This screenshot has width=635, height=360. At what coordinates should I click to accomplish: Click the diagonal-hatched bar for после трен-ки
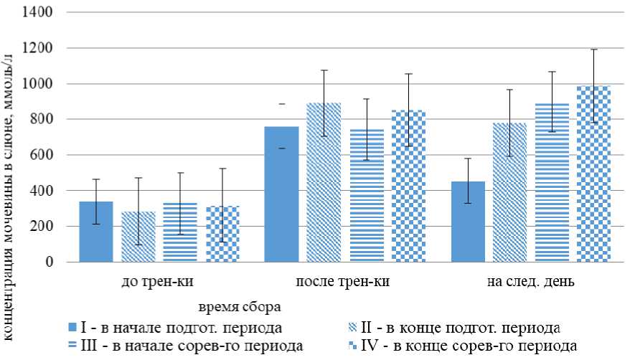tap(324, 182)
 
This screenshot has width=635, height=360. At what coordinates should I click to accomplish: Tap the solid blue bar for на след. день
tap(467, 222)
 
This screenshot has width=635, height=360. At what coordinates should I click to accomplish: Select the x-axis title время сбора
tap(239, 306)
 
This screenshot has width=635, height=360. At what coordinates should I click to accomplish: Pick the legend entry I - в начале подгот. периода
tap(176, 328)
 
